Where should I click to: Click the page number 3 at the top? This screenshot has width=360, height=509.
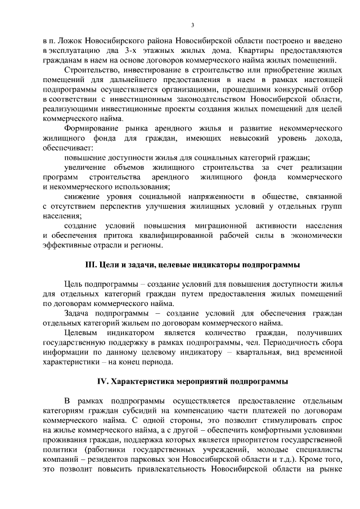click(x=192, y=25)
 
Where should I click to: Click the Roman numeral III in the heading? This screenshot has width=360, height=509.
click(x=90, y=264)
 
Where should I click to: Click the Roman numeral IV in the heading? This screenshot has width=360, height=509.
click(x=102, y=381)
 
